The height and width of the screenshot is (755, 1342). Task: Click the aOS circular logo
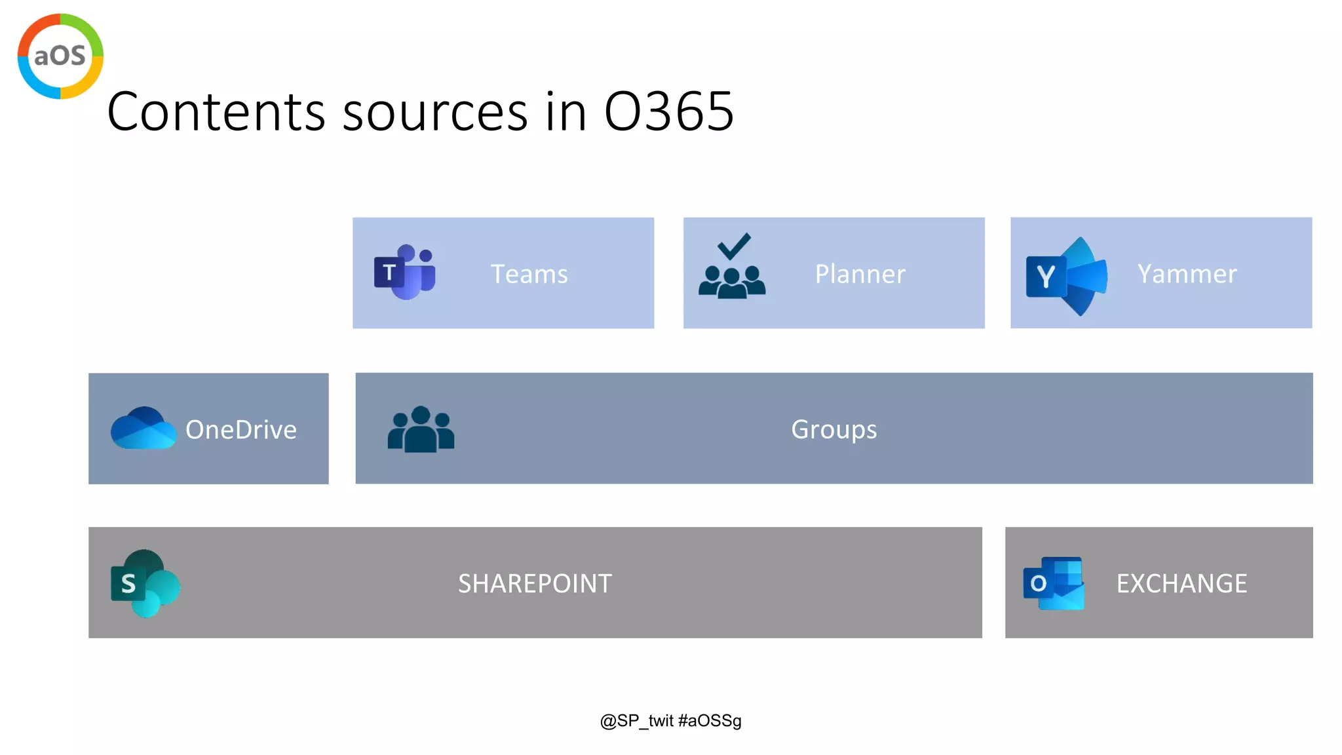click(x=60, y=56)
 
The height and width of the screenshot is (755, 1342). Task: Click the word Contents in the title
click(x=216, y=112)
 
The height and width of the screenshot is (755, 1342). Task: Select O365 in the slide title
click(x=668, y=112)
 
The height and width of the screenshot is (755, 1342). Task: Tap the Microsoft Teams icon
click(x=404, y=273)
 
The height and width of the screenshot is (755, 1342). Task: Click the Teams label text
click(x=529, y=274)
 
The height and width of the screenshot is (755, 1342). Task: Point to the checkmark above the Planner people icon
click(x=733, y=246)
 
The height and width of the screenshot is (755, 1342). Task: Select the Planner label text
click(x=860, y=274)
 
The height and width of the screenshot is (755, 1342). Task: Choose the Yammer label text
click(x=1187, y=274)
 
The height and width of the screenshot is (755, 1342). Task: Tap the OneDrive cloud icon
click(x=143, y=428)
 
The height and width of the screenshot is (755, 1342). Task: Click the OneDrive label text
click(x=241, y=430)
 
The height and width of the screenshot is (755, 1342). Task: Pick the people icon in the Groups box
click(x=421, y=429)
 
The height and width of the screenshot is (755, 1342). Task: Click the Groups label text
click(x=834, y=430)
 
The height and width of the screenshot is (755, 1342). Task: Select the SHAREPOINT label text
click(x=535, y=583)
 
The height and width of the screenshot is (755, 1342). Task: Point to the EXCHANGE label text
click(x=1181, y=583)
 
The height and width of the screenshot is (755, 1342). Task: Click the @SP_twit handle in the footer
click(x=637, y=721)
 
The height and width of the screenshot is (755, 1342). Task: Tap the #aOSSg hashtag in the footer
click(x=710, y=721)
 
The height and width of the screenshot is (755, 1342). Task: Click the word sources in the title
click(x=435, y=112)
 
